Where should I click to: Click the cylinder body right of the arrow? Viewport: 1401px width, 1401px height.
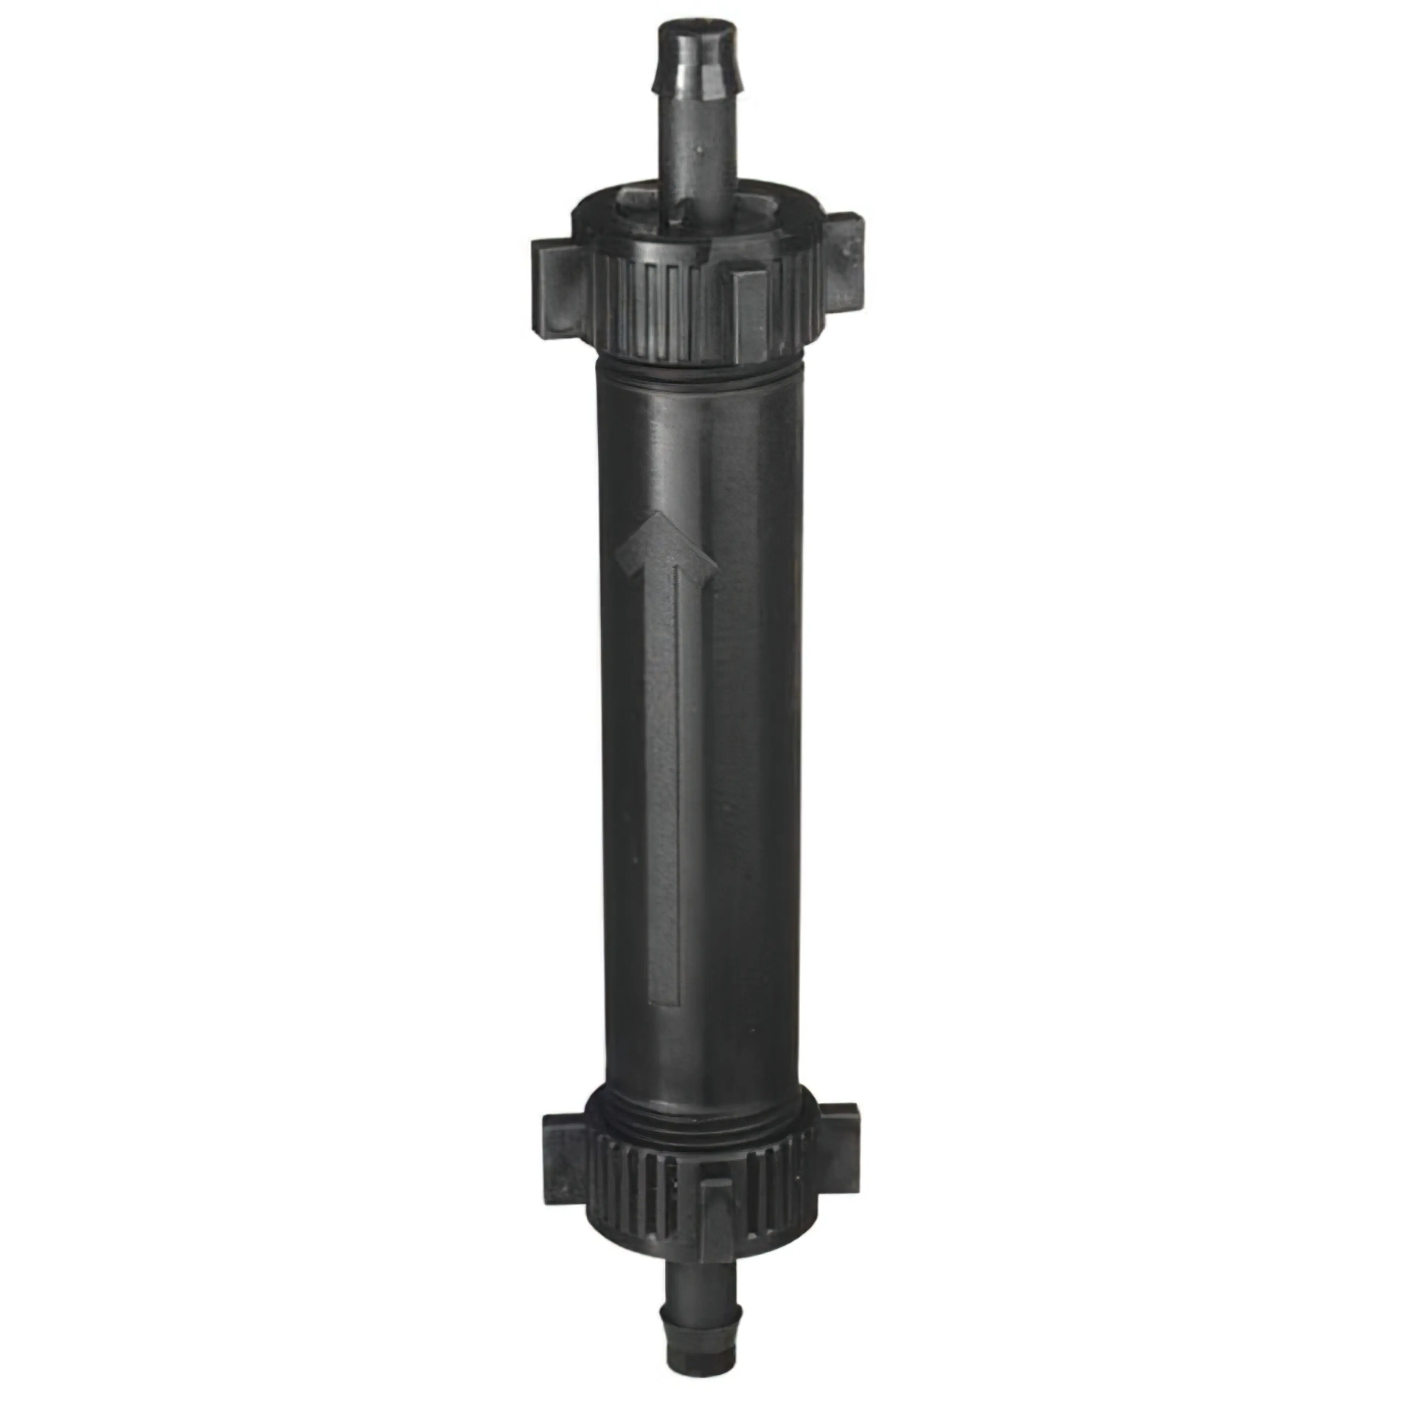754,725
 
